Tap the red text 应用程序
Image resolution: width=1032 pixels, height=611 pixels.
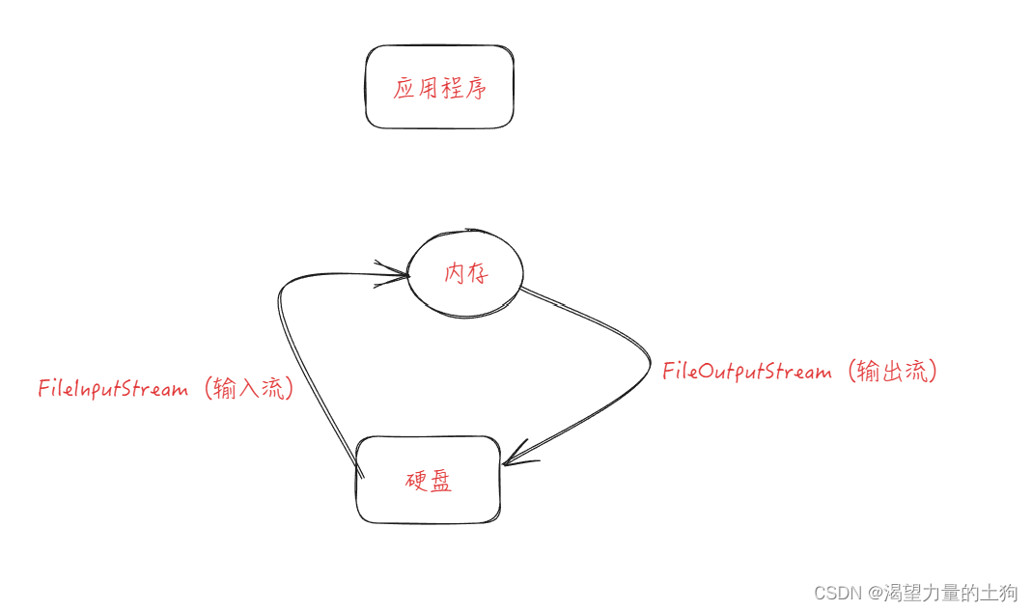(440, 90)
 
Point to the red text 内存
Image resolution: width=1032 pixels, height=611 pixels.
(466, 274)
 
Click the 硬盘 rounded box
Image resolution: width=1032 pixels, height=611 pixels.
(428, 507)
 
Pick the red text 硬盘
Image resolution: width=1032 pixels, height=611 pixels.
(428, 482)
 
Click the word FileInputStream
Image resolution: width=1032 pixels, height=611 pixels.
(113, 390)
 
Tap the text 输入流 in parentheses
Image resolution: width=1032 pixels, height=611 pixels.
(249, 389)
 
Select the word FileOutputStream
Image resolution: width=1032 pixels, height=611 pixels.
(746, 373)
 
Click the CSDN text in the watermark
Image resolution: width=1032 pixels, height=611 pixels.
(835, 593)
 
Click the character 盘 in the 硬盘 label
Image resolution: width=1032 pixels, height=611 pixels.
(440, 482)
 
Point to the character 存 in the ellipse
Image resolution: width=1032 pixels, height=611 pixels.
(478, 274)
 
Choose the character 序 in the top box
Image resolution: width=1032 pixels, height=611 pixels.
(475, 90)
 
